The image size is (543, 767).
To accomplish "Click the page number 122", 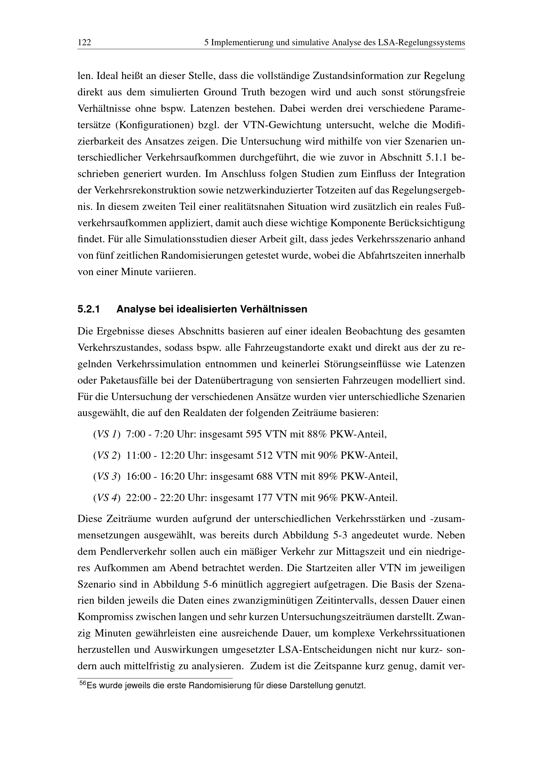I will pyautogui.click(x=84, y=43).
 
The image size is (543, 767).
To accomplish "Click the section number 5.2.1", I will pyautogui.click(x=89, y=309).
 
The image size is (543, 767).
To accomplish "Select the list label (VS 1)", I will pyautogui.click(x=107, y=434).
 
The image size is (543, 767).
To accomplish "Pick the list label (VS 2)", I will pyautogui.click(x=107, y=455).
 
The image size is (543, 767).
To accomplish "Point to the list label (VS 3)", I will pyautogui.click(x=107, y=476).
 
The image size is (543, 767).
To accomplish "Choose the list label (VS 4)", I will pyautogui.click(x=107, y=498).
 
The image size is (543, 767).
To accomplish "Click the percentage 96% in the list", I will pyautogui.click(x=328, y=498).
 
